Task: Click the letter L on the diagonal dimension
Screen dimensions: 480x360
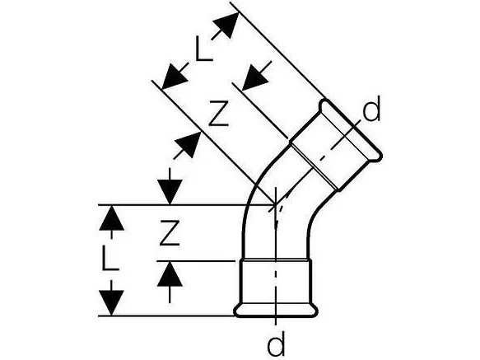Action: click(203, 49)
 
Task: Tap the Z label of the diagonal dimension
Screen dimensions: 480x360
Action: click(218, 114)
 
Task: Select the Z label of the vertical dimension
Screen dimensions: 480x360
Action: click(170, 232)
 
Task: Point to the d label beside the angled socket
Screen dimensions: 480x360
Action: click(372, 108)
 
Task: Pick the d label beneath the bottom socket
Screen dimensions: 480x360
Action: click(277, 344)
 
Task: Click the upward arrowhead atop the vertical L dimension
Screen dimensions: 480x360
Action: click(111, 217)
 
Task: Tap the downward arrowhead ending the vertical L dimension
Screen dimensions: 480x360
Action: click(111, 302)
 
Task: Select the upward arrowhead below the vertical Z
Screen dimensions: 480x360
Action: click(170, 274)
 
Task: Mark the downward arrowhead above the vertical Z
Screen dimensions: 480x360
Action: click(170, 192)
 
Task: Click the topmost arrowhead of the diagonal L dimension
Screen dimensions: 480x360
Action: click(227, 25)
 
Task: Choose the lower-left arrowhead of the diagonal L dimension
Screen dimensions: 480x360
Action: click(173, 78)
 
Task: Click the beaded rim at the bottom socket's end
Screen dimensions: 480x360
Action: click(276, 310)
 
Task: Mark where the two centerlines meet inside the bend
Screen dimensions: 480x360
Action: click(276, 204)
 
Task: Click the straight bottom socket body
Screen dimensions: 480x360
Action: click(276, 283)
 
